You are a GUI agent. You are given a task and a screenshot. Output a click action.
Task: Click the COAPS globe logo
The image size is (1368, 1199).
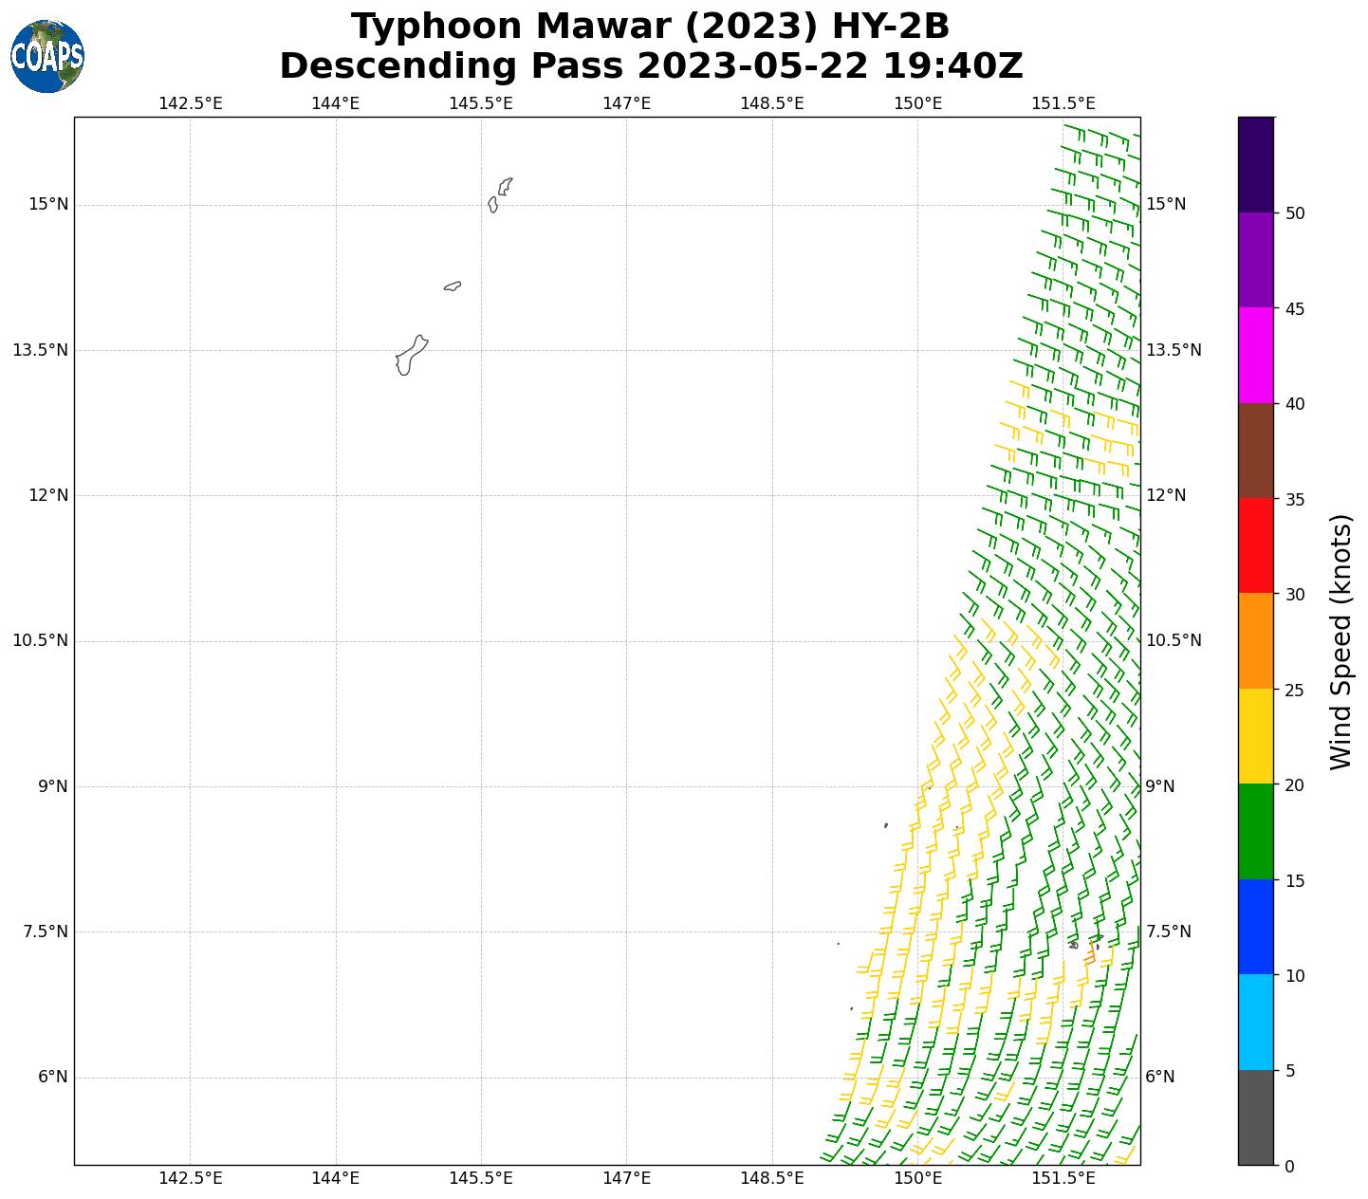click(x=47, y=57)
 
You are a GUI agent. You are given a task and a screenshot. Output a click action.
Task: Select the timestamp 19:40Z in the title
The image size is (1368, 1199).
click(x=952, y=66)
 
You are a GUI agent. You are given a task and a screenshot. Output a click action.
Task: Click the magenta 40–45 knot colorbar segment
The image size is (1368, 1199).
click(x=1255, y=356)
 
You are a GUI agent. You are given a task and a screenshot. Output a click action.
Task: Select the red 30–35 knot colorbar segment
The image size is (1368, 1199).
click(x=1255, y=545)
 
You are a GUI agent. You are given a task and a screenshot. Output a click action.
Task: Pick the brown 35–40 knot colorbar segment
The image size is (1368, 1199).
click(x=1255, y=451)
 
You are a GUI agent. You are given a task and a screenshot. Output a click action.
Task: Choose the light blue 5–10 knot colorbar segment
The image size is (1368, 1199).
click(x=1255, y=1023)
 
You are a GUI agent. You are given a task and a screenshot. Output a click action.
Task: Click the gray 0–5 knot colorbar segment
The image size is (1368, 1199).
click(x=1255, y=1117)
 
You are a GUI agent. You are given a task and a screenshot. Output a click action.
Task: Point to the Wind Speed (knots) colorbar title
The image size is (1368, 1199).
click(x=1340, y=641)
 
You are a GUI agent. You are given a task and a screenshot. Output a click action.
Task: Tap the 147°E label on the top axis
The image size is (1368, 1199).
click(x=626, y=102)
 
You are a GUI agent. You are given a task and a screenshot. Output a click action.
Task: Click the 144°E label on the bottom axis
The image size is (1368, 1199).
click(x=335, y=1178)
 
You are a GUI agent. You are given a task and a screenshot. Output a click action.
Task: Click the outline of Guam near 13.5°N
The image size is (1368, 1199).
click(x=410, y=356)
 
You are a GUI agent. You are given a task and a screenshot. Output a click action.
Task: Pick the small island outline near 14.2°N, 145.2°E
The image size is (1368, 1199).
click(x=453, y=286)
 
